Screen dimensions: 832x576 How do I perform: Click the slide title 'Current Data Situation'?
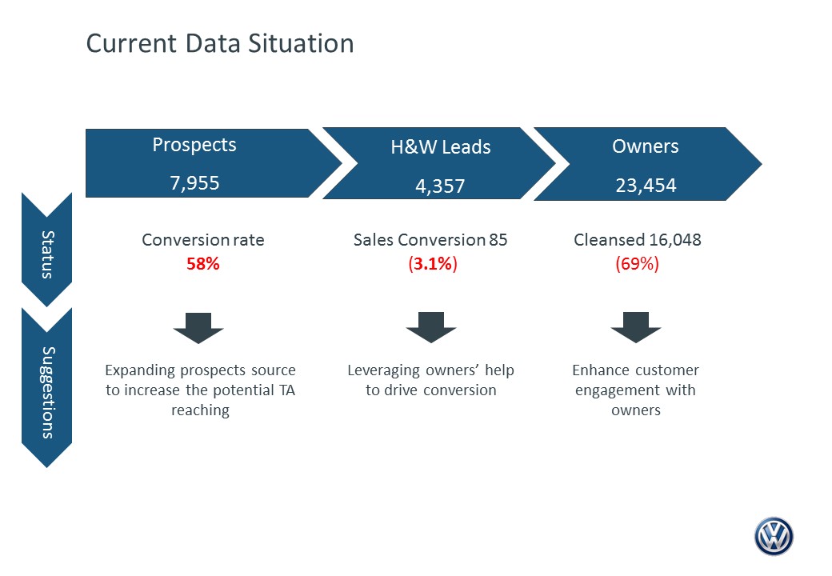click(x=220, y=43)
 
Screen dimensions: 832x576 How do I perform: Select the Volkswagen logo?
click(x=774, y=536)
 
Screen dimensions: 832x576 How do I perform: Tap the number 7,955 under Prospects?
click(x=194, y=183)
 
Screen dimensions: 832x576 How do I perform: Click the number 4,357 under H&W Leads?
click(x=440, y=186)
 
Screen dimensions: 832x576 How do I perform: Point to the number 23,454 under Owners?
click(x=646, y=185)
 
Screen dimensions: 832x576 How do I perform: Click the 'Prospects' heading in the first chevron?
click(x=194, y=145)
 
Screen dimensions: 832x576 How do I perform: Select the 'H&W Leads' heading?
click(x=441, y=147)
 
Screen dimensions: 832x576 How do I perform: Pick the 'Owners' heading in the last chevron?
click(x=646, y=146)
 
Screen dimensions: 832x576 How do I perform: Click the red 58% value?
click(x=202, y=264)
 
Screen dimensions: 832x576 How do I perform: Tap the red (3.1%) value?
click(x=433, y=264)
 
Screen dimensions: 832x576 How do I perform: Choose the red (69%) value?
click(x=637, y=264)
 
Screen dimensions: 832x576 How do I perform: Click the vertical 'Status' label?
click(x=48, y=254)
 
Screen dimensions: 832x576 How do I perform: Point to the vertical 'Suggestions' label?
click(x=48, y=393)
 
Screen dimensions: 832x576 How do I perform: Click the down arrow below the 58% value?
click(x=198, y=328)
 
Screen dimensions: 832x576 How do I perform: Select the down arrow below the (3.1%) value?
click(x=431, y=327)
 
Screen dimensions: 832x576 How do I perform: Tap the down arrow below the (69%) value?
click(x=636, y=327)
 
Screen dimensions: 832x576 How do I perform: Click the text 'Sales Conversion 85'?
click(x=430, y=240)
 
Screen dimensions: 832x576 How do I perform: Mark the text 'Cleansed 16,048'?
click(x=638, y=240)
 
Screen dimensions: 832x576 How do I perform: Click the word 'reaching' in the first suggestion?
click(x=201, y=410)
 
